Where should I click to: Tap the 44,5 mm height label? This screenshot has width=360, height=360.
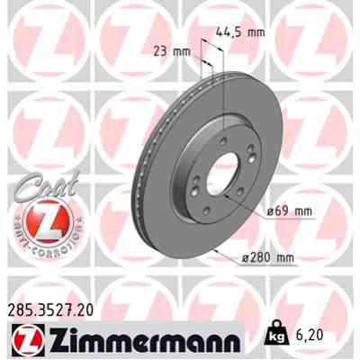point(240,32)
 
